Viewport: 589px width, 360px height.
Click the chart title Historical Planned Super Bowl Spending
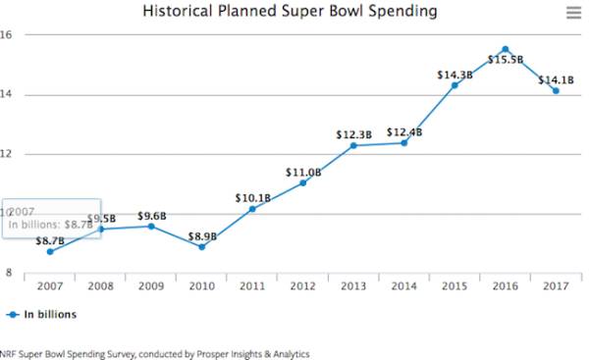[x=290, y=11]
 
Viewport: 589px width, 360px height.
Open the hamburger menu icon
[x=573, y=13]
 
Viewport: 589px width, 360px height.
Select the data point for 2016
[x=506, y=50]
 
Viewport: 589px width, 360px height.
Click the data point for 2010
[x=201, y=247]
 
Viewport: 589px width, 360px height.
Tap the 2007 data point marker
[x=50, y=251]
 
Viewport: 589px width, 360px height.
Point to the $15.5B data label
[x=506, y=60]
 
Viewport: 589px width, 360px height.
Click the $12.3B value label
[x=353, y=134]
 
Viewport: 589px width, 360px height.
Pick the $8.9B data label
[x=202, y=236]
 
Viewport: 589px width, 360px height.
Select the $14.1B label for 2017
[x=556, y=80]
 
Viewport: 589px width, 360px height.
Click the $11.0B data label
[x=303, y=173]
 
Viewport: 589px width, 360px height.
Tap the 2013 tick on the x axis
[x=353, y=286]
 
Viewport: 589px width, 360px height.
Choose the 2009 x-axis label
[x=151, y=286]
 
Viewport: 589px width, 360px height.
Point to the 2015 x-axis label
[x=455, y=286]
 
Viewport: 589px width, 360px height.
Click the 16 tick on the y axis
[x=6, y=34]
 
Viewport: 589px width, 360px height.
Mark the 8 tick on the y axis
[x=9, y=273]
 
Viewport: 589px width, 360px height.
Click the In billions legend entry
[x=41, y=315]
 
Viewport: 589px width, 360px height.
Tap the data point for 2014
[x=403, y=143]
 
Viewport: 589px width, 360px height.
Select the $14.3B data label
[x=455, y=76]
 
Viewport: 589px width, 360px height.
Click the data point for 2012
[x=302, y=182]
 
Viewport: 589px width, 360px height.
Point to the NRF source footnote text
[x=155, y=354]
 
